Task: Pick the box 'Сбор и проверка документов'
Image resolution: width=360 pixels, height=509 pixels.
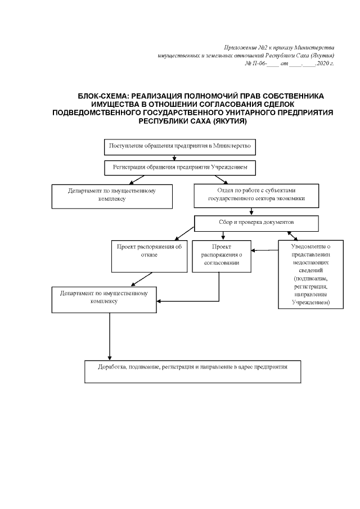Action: point(256,223)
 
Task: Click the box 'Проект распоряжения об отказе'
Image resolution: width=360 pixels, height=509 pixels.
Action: point(149,255)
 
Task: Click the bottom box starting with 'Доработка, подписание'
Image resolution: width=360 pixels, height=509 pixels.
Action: point(193,370)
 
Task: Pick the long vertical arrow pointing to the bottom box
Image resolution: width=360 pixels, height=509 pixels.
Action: point(109,336)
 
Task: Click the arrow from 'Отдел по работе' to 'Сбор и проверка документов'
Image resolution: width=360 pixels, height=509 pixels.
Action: point(251,212)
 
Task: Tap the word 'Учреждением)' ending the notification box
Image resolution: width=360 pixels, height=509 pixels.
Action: point(310,303)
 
